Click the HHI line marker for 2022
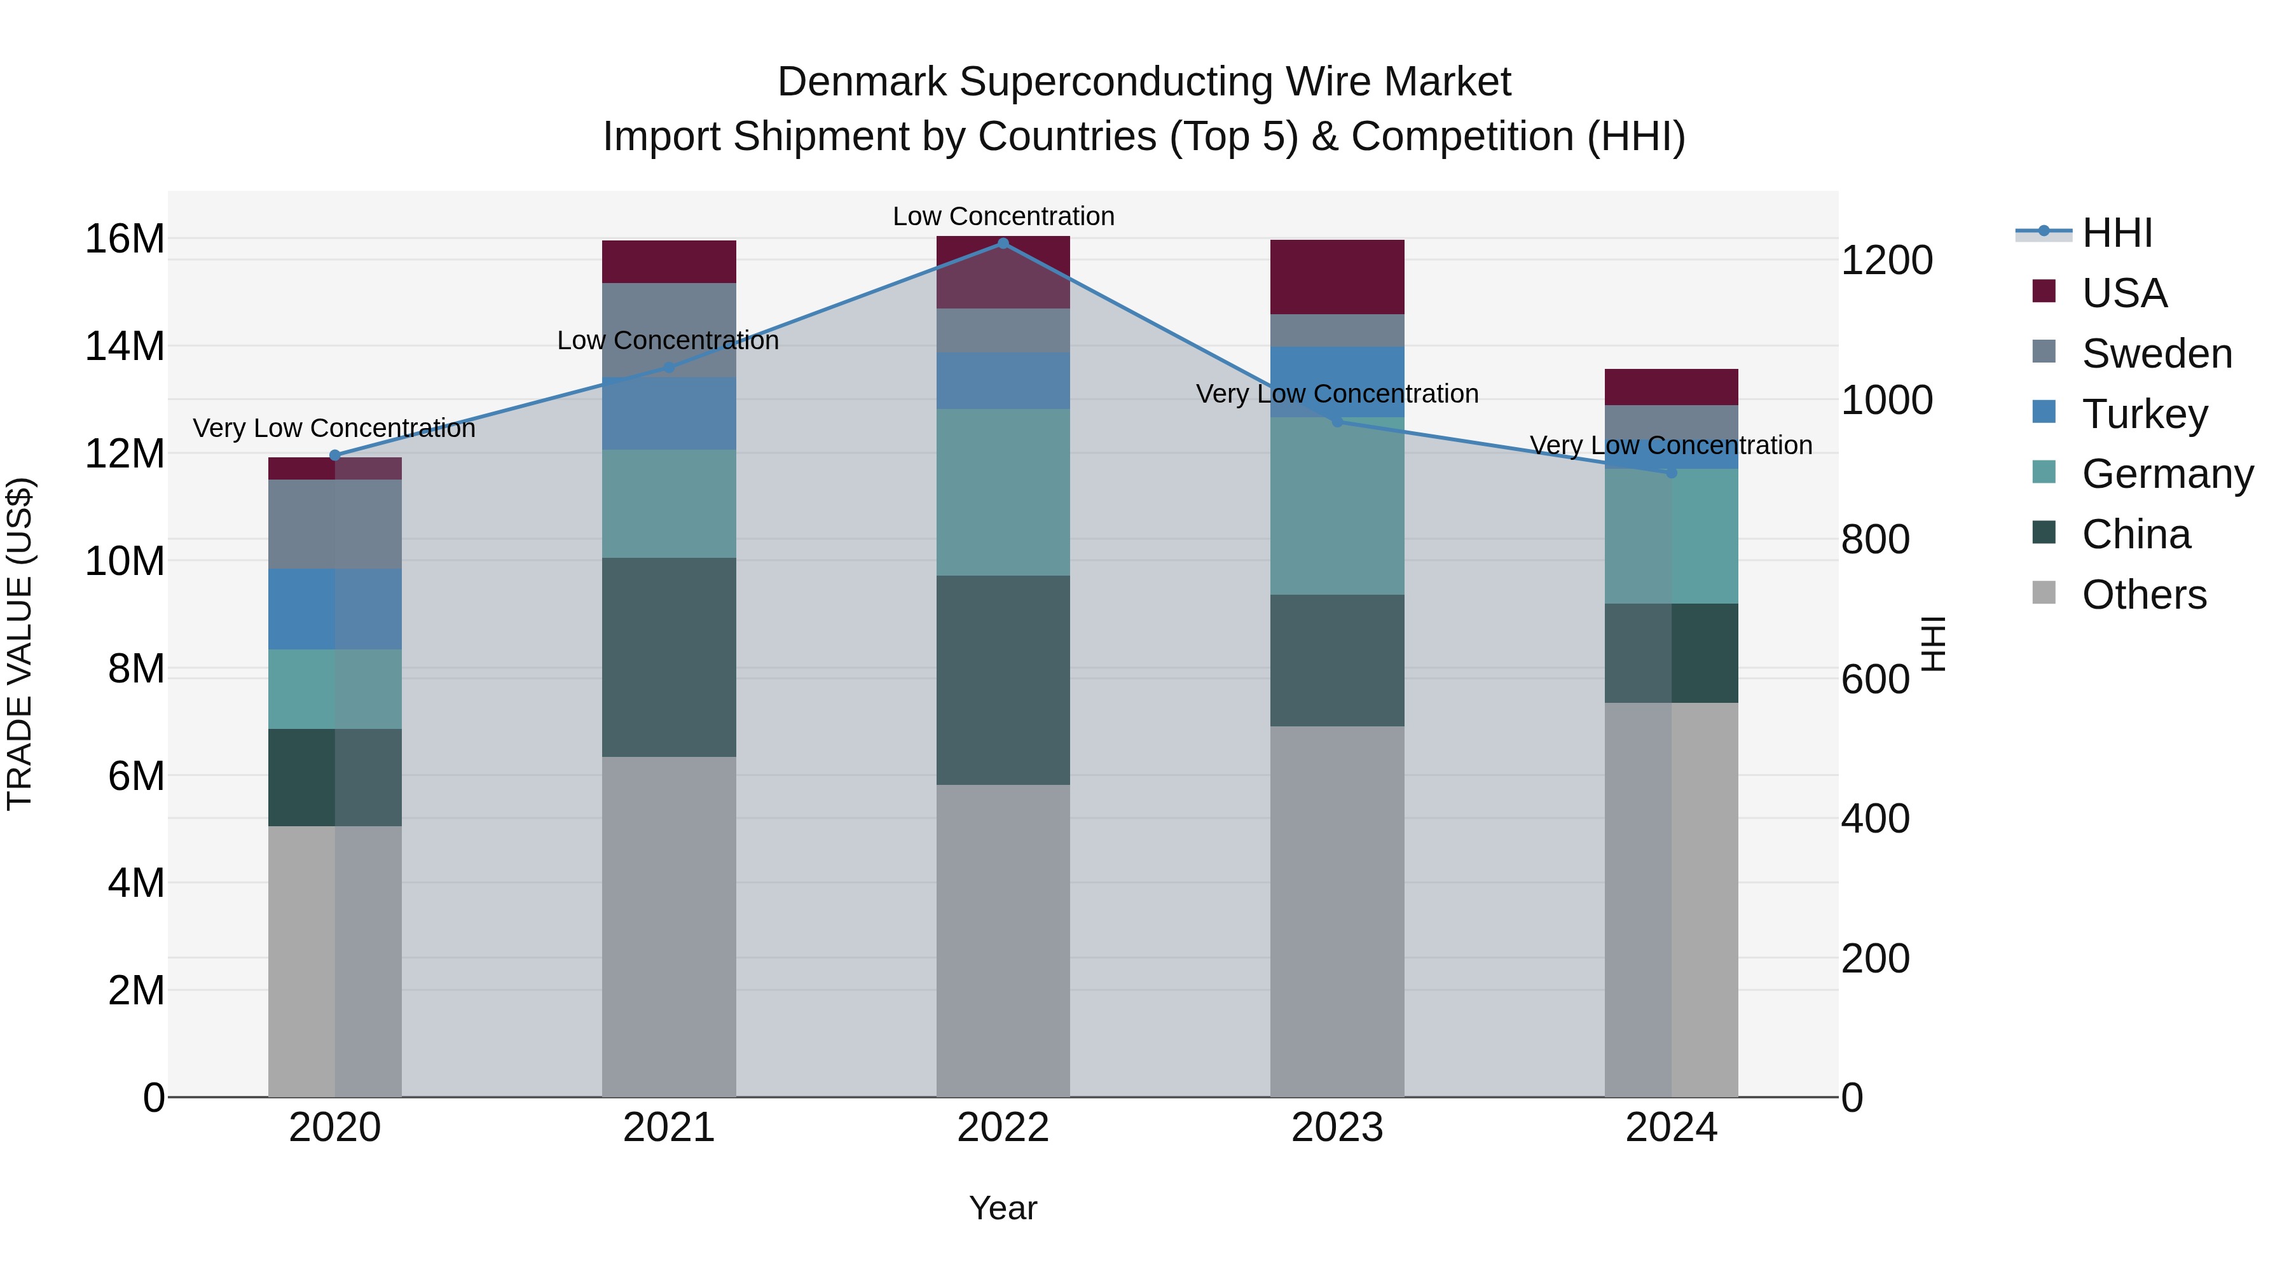coord(1003,244)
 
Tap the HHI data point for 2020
coord(335,456)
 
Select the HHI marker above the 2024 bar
coord(1672,473)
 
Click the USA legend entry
coord(2124,293)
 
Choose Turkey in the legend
coord(2144,414)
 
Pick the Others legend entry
coord(2143,595)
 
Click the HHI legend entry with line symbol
coord(2117,233)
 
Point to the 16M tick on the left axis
coord(125,239)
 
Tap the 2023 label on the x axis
coord(1337,1128)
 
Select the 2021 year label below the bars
coord(668,1128)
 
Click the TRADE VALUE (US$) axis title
coord(20,644)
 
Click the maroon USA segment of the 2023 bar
coord(1337,277)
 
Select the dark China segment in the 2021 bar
coord(668,658)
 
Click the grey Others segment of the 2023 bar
coord(1337,911)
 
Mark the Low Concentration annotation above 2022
coord(1003,217)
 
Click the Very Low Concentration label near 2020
coord(334,429)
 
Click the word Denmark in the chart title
coord(862,83)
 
